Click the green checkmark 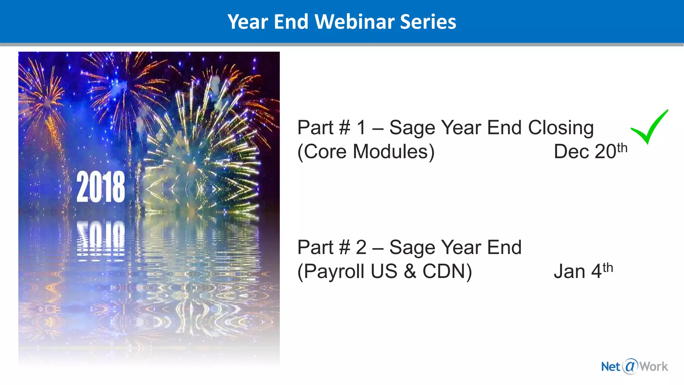649,127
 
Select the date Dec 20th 590,151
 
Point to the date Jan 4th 583,271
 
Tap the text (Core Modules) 366,152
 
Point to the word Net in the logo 611,367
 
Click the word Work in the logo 654,367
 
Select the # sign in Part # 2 344,248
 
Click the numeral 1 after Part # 361,128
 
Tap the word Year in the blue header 248,22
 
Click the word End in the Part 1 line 504,128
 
